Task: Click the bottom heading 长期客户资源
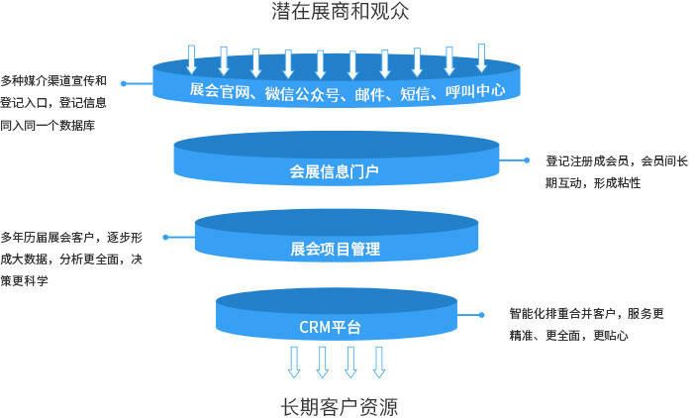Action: [340, 406]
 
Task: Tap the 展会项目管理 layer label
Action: [336, 249]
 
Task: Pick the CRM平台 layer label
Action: [330, 326]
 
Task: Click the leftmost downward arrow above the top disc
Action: [192, 58]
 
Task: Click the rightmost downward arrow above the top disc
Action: [481, 56]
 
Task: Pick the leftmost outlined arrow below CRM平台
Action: [293, 362]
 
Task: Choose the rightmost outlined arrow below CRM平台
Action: [378, 362]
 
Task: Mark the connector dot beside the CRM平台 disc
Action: [482, 315]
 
